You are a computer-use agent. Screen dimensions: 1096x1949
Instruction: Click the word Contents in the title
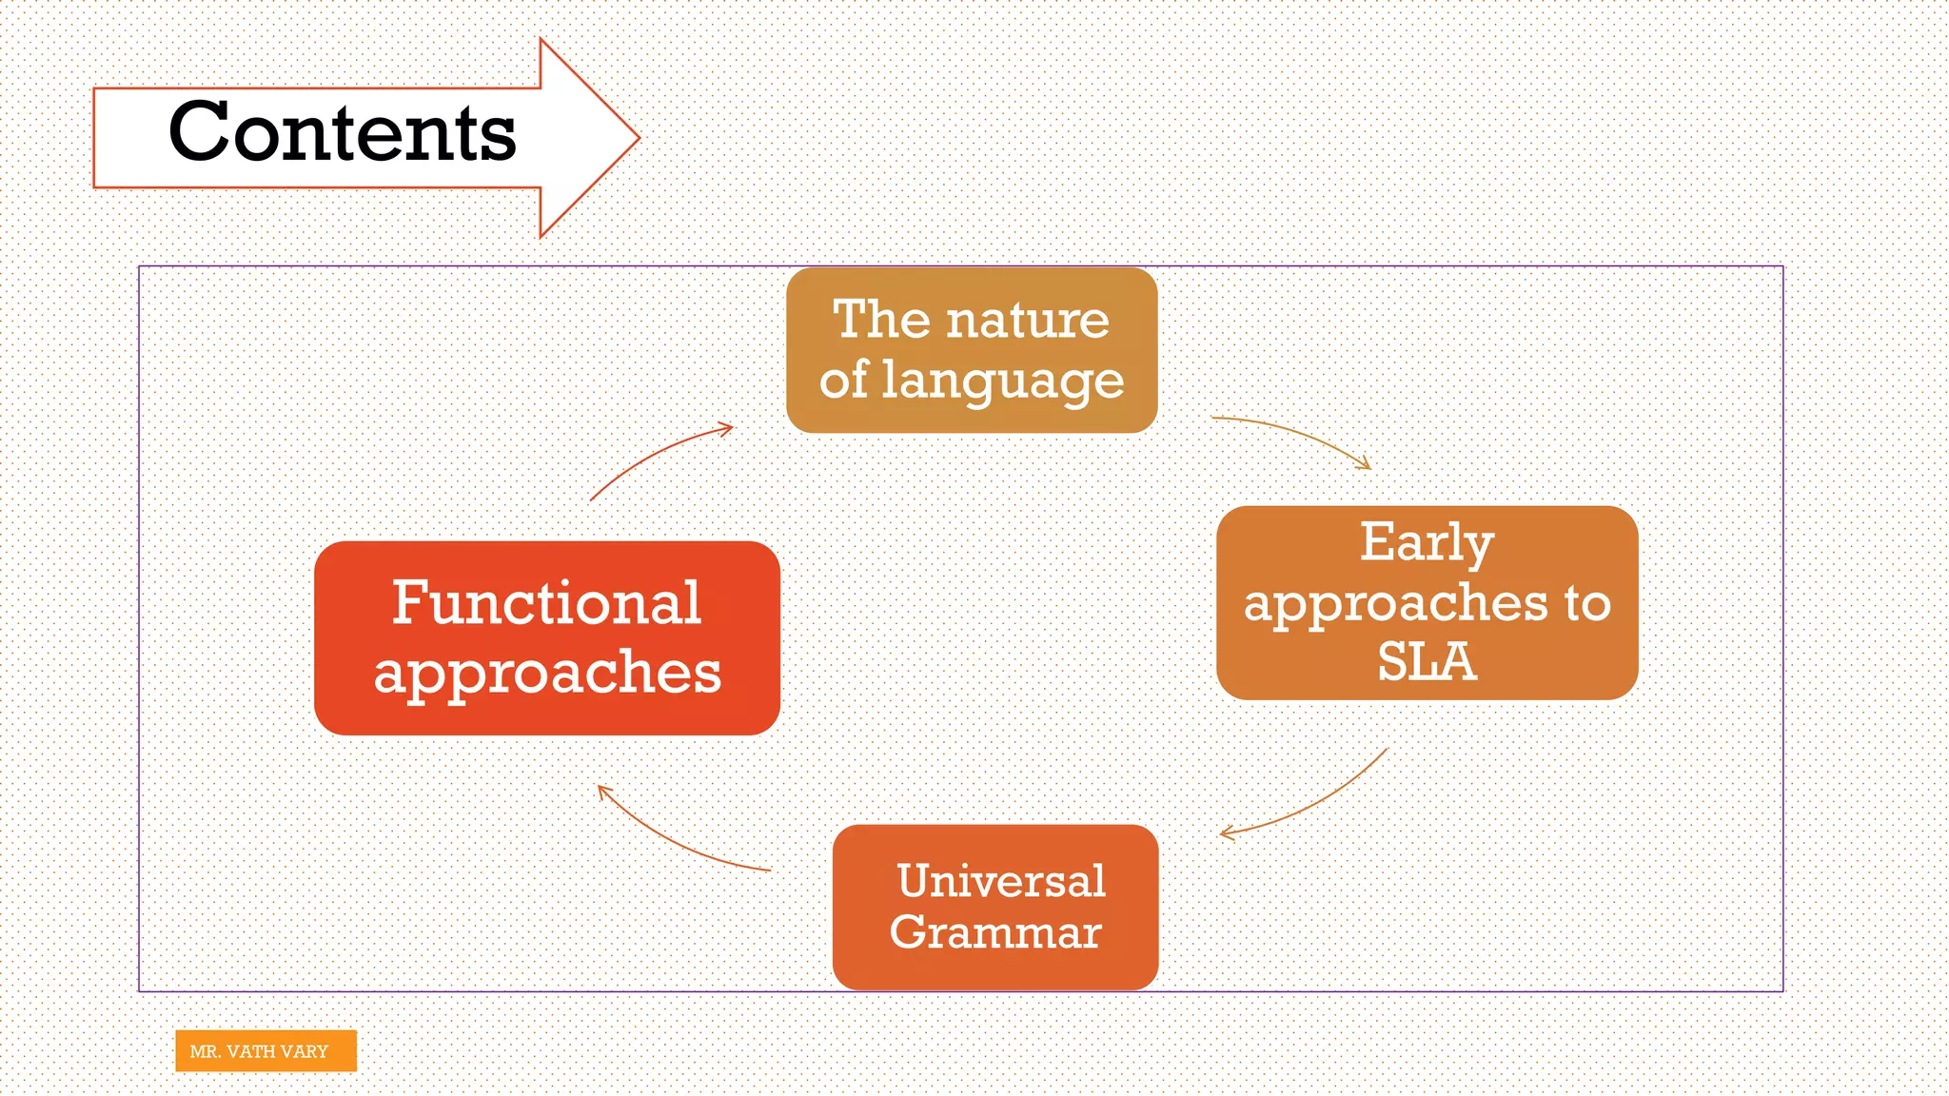tap(343, 133)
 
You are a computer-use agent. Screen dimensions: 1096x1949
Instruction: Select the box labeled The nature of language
tap(972, 349)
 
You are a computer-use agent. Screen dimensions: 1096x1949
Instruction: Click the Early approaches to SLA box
tap(1427, 602)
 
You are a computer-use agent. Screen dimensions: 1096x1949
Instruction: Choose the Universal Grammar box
tap(995, 907)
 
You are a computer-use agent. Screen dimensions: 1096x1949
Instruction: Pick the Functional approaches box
tap(547, 637)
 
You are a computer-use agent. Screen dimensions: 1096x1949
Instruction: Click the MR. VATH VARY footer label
tap(266, 1051)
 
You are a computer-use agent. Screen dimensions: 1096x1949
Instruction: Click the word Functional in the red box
tap(547, 603)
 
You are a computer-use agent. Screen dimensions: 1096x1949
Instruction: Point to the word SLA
tap(1427, 662)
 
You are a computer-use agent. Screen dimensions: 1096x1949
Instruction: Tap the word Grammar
tap(995, 931)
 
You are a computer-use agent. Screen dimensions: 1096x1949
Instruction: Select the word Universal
tap(1001, 880)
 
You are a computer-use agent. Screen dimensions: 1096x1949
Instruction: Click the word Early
tap(1427, 542)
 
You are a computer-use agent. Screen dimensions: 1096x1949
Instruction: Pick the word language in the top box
tap(1003, 381)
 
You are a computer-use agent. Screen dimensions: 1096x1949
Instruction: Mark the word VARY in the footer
tap(304, 1051)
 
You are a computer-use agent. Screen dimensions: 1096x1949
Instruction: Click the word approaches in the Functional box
tap(547, 673)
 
